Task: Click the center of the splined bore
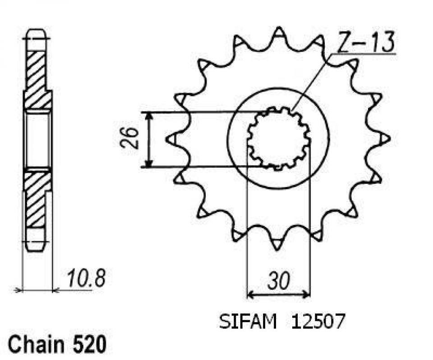coord(278,139)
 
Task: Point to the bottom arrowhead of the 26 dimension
coord(149,164)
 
